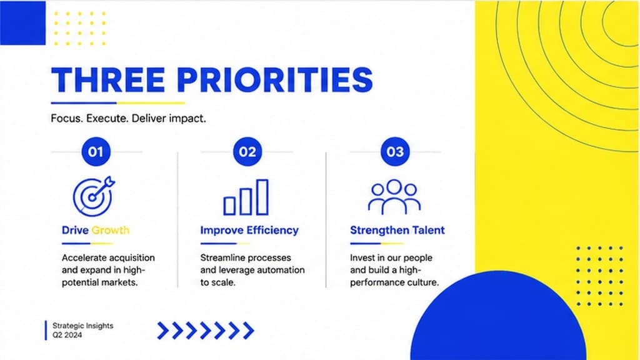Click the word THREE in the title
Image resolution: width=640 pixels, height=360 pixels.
(108, 79)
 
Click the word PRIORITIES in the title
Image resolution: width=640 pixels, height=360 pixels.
(275, 79)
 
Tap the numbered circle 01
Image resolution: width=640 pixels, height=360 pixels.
(96, 152)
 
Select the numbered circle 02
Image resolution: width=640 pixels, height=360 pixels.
(247, 152)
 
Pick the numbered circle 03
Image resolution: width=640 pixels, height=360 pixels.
(395, 152)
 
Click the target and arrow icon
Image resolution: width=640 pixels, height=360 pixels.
(94, 196)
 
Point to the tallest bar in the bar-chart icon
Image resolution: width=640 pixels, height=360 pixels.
(262, 197)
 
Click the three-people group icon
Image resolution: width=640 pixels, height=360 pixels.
(394, 197)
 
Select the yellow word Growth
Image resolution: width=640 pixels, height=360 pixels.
(110, 231)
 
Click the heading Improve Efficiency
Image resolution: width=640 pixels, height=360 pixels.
(249, 231)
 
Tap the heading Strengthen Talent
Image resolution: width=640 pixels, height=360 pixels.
(397, 231)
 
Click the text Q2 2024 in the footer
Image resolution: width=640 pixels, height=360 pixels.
(67, 335)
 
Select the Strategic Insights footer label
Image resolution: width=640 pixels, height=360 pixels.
(83, 326)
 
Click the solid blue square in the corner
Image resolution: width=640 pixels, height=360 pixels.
(23, 22)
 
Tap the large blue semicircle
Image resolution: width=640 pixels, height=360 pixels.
(498, 318)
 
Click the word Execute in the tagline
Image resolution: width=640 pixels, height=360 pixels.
(107, 119)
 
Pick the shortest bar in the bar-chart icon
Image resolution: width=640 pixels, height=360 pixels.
(229, 206)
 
